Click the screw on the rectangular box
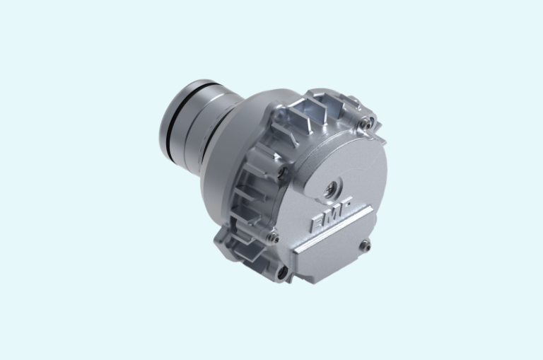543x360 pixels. pyautogui.click(x=365, y=245)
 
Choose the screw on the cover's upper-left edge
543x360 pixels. pyautogui.click(x=284, y=170)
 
